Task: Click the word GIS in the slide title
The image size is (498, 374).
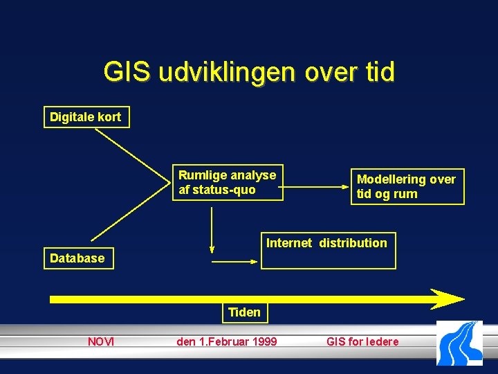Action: (x=127, y=72)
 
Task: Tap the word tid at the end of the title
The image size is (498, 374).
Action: (x=376, y=72)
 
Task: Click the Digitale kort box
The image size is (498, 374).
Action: (x=86, y=117)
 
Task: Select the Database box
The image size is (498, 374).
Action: (x=77, y=258)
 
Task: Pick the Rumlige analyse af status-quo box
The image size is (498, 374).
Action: (x=228, y=183)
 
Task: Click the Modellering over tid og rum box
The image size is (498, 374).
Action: (x=407, y=187)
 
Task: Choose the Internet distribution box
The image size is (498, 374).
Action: (x=327, y=250)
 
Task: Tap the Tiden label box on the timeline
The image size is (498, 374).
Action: (x=245, y=312)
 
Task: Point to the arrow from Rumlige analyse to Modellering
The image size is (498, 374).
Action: (x=318, y=186)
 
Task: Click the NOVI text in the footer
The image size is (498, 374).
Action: (x=101, y=341)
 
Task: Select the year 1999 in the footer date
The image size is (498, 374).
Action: (x=264, y=341)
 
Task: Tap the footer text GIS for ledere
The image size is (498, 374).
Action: (x=362, y=341)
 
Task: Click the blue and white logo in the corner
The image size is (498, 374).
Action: (x=459, y=343)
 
